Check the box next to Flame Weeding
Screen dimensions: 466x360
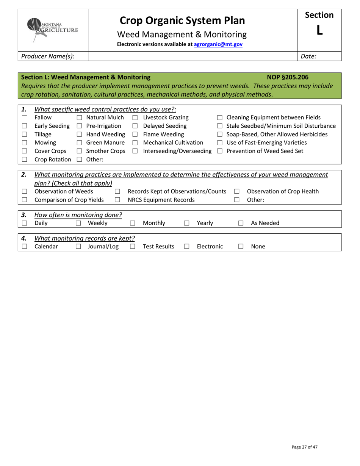[135, 134]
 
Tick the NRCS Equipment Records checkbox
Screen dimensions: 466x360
[117, 200]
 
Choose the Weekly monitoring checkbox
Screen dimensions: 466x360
[78, 224]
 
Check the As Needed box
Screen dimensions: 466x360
[241, 224]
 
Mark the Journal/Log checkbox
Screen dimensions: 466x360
[78, 247]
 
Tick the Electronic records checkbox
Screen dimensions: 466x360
[187, 247]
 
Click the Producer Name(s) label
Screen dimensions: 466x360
[48, 56]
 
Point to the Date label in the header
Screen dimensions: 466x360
[308, 56]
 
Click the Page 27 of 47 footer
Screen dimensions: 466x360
[305, 447]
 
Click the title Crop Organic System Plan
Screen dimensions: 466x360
[182, 20]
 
